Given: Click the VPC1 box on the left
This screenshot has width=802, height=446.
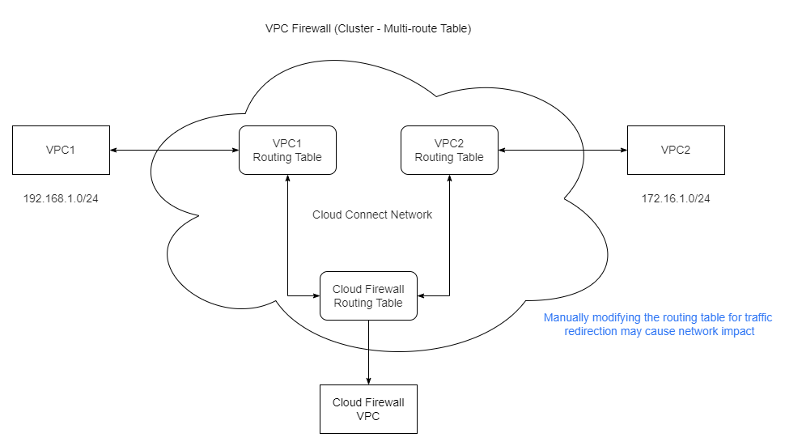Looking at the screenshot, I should point(61,150).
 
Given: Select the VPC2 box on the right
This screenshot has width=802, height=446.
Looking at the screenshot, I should point(676,150).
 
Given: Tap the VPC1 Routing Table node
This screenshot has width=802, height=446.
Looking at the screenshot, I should point(287,150).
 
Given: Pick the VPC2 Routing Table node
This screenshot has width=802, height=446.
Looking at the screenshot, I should point(449,150).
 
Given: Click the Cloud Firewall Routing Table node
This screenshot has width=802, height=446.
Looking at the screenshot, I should point(368,295).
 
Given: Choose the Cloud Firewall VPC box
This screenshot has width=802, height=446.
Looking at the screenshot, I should point(368,409).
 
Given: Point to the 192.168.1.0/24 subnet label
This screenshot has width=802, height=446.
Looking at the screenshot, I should point(61,198).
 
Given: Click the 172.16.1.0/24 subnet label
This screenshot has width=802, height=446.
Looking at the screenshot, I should point(676,198).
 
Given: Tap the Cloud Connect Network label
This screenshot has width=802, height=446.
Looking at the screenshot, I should point(372,215).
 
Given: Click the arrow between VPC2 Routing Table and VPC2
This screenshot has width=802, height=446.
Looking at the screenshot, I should point(562,150).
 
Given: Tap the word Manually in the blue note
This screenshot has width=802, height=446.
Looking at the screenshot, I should point(569,318).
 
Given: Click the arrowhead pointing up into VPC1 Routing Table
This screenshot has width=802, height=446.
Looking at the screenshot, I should point(287,179).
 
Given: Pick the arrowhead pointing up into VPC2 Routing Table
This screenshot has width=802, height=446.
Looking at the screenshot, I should point(449,179).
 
